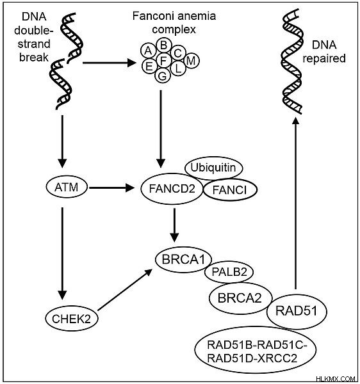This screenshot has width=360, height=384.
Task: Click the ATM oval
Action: coord(67,188)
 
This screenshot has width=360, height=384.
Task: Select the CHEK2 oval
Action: coord(71,319)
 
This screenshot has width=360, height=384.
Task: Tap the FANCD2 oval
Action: coord(172,189)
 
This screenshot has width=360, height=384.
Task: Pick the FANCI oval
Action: coord(230,190)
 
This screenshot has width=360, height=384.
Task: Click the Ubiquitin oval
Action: coord(213,168)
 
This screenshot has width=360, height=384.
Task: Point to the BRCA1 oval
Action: coord(184,260)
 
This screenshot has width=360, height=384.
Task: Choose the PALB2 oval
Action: coord(229,272)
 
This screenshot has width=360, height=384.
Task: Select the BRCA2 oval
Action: coord(240,298)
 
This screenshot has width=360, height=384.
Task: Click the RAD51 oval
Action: coord(297,311)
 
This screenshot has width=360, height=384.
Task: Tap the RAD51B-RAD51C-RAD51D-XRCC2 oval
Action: coord(256,349)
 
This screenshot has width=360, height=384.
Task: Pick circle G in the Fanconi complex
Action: coord(163,76)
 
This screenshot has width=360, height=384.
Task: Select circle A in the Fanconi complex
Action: coord(149,51)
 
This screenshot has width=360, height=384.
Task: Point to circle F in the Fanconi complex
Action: coord(164,60)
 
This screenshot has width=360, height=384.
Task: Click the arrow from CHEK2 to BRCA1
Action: coord(125,289)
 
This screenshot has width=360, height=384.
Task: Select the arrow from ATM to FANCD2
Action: coord(112,188)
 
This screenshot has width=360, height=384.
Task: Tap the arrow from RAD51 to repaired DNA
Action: coord(295,203)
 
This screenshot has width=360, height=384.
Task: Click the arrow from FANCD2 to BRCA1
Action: coord(174,225)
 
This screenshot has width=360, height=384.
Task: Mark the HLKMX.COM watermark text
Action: coord(336,379)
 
